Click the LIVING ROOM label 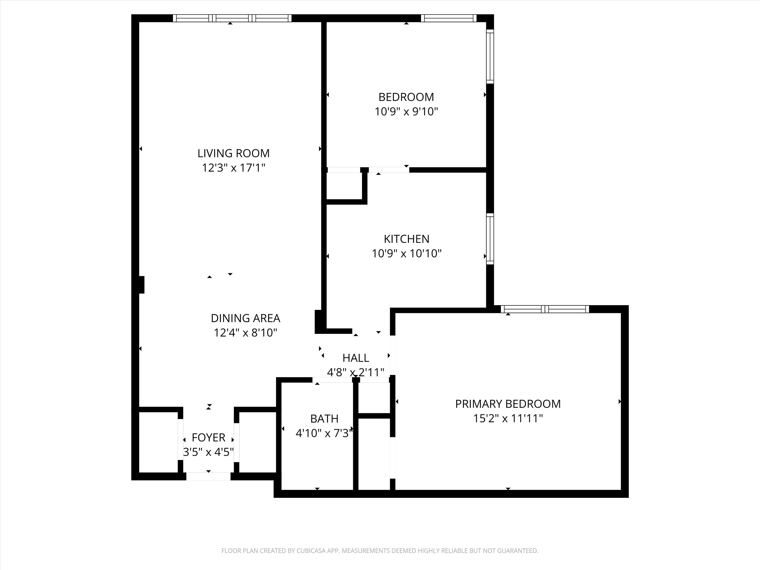pos(233,153)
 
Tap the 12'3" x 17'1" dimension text pos(233,168)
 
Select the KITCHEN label pos(406,239)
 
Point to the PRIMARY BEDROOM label pos(508,404)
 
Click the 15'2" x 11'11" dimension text pos(508,419)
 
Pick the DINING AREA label pos(245,318)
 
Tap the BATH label pos(324,419)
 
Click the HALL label pos(356,358)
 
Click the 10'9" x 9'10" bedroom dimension pos(406,112)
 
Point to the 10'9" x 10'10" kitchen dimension pos(406,254)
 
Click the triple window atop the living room pos(232,18)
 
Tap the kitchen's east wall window pos(490,239)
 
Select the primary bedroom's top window pos(545,309)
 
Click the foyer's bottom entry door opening pos(208,476)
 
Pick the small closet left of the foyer pos(158,442)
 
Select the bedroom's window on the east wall pos(490,56)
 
